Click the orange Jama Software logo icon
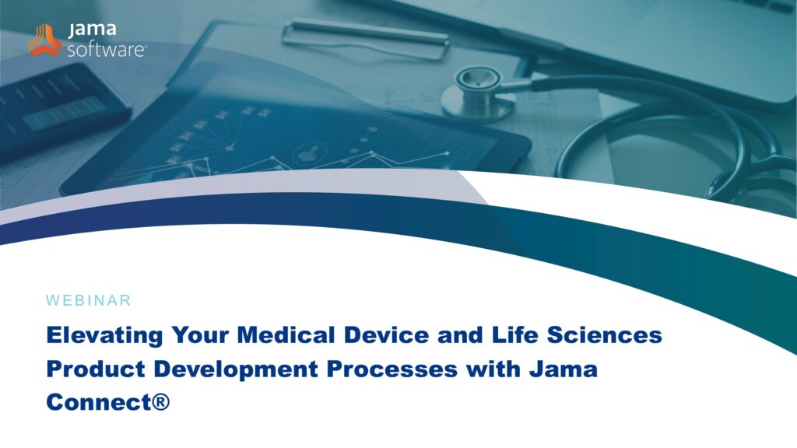coord(44,40)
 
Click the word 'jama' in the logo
coord(92,30)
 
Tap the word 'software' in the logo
coord(106,50)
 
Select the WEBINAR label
coord(89,300)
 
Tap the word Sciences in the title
coord(604,335)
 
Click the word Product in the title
coord(96,369)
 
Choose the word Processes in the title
coord(392,369)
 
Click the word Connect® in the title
coord(107,402)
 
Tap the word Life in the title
coord(515,335)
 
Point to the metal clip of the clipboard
coord(366,39)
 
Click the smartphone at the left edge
coord(57,108)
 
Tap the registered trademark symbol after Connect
coord(160,402)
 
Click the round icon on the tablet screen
coord(309,154)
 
